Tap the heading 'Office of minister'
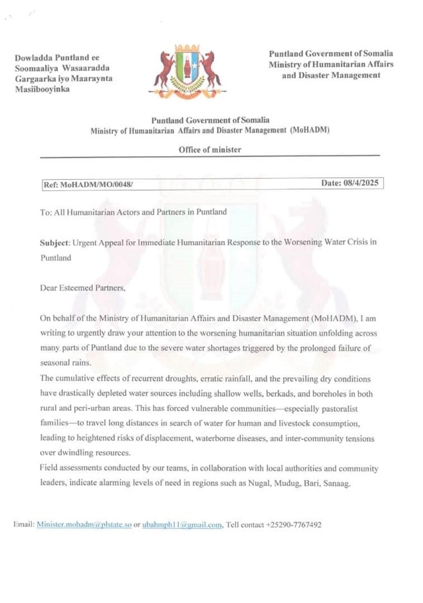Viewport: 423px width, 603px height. [210, 150]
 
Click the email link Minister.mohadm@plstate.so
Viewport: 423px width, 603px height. [84, 524]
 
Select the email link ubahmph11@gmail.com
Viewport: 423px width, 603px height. [182, 524]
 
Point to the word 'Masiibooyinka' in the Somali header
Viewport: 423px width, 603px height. [42, 89]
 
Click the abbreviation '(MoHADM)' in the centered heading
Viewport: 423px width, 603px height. [310, 131]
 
